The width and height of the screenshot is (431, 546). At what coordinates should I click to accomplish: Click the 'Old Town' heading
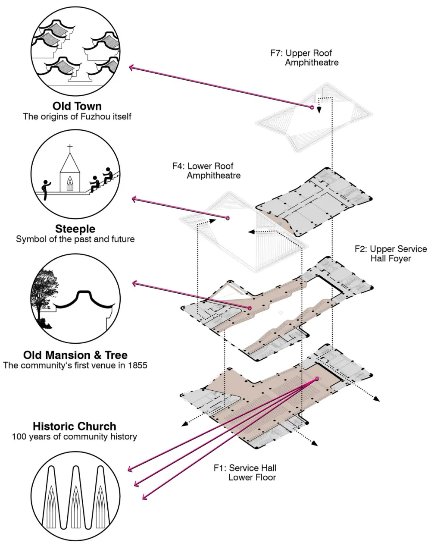pyautogui.click(x=77, y=106)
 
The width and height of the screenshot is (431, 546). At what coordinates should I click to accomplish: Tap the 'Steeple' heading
pyautogui.click(x=75, y=228)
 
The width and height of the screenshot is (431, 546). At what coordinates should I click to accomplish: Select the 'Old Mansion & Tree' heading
pyautogui.click(x=75, y=355)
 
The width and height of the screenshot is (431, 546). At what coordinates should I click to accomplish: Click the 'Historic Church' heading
pyautogui.click(x=75, y=426)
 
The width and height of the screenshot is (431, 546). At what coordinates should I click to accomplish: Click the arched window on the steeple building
pyautogui.click(x=69, y=184)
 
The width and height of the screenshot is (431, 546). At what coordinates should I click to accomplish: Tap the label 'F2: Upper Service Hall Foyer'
pyautogui.click(x=390, y=254)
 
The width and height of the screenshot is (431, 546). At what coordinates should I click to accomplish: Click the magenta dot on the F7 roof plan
pyautogui.click(x=312, y=107)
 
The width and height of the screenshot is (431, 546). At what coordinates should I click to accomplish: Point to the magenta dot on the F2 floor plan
pyautogui.click(x=250, y=308)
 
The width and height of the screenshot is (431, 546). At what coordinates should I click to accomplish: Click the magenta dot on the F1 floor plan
pyautogui.click(x=318, y=379)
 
